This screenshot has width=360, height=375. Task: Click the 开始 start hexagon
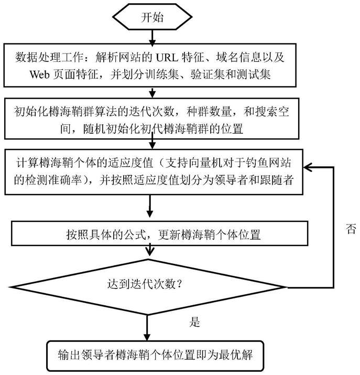pyautogui.click(x=152, y=17)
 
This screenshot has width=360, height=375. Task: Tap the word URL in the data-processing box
pyautogui.click(x=167, y=57)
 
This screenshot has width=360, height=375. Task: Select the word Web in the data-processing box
pyautogui.click(x=39, y=74)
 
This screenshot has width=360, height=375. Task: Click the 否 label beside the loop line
pyautogui.click(x=351, y=229)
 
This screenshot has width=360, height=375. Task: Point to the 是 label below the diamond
pyautogui.click(x=194, y=322)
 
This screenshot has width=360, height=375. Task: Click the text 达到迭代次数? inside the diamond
pyautogui.click(x=145, y=284)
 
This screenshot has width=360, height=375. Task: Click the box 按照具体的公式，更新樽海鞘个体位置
pyautogui.click(x=160, y=234)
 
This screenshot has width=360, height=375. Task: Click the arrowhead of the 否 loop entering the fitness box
pyautogui.click(x=307, y=167)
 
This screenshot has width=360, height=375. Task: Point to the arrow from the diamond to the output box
pyautogui.click(x=147, y=327)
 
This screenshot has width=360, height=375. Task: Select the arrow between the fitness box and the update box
pyautogui.click(x=149, y=206)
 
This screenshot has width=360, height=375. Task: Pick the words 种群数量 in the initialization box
pyautogui.click(x=209, y=111)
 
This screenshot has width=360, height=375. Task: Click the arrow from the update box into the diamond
pyautogui.click(x=150, y=250)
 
